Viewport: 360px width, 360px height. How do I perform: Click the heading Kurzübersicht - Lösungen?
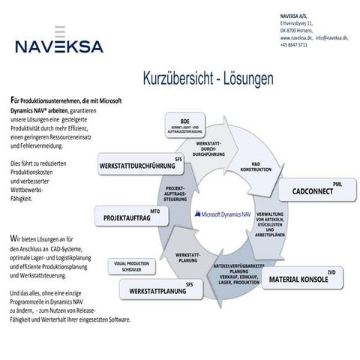coord(208,77)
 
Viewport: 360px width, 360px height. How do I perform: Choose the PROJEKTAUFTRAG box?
coord(127,217)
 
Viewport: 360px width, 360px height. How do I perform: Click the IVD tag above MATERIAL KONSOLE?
coord(331,271)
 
